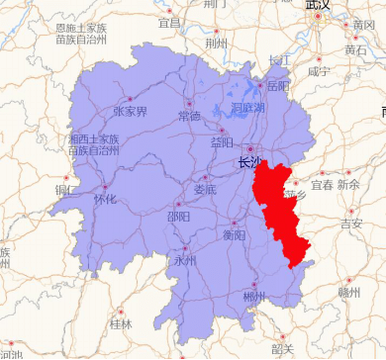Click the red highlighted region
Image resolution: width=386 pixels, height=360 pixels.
(281, 208)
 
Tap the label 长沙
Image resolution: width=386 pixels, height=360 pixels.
(250, 163)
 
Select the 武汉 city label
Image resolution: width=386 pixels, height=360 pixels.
(319, 7)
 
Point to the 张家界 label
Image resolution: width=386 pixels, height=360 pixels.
(130, 112)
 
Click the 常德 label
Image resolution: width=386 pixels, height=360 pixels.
(188, 117)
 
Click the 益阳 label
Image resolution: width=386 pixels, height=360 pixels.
(223, 142)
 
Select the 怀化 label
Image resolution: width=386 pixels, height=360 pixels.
(104, 200)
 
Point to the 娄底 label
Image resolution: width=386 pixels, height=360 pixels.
(204, 189)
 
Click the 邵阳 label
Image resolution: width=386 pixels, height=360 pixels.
(179, 217)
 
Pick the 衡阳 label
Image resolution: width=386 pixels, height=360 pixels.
(234, 235)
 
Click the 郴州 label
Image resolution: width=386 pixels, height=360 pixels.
(254, 298)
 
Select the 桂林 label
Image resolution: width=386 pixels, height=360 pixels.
(121, 323)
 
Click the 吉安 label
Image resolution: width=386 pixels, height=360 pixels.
(351, 224)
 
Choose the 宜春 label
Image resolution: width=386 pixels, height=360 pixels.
(322, 185)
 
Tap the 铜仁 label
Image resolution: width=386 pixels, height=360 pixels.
(66, 190)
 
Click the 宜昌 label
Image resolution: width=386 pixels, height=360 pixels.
(170, 22)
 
